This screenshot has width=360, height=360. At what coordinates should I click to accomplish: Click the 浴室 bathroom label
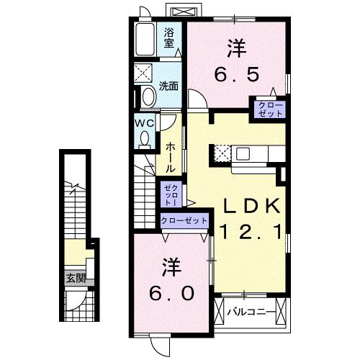click(169, 37)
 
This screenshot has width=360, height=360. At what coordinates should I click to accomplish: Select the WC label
click(145, 122)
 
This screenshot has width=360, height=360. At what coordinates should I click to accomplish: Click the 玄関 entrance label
click(76, 278)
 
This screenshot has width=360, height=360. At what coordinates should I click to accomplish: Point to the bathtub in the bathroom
click(145, 39)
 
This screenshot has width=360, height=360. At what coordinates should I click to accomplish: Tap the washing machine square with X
click(143, 74)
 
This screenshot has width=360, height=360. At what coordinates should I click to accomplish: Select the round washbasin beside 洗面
click(148, 96)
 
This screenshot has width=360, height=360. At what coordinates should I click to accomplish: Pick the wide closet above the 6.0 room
click(184, 220)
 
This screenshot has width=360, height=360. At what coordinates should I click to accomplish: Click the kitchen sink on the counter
click(241, 153)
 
